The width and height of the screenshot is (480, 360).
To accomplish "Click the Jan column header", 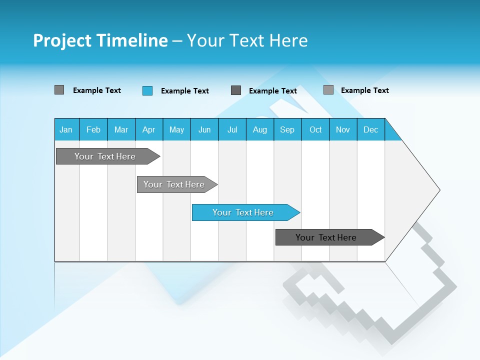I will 66,129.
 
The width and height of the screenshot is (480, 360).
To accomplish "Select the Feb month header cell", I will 93,129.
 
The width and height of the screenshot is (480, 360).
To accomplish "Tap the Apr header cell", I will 148,129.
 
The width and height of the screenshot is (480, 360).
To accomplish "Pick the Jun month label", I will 204,130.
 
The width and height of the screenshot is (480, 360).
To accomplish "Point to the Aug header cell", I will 259,129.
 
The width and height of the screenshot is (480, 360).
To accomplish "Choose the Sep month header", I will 287,129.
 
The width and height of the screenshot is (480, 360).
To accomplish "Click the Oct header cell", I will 315,129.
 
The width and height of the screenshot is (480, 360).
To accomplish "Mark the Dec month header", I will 370,129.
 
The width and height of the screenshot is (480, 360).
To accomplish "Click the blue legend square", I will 147,90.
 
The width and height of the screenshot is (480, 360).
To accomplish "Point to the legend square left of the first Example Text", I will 59,90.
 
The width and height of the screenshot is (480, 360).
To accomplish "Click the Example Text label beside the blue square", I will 184,91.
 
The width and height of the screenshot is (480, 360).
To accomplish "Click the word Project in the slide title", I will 62,41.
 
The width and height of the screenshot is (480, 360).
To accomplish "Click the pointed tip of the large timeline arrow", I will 438,190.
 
